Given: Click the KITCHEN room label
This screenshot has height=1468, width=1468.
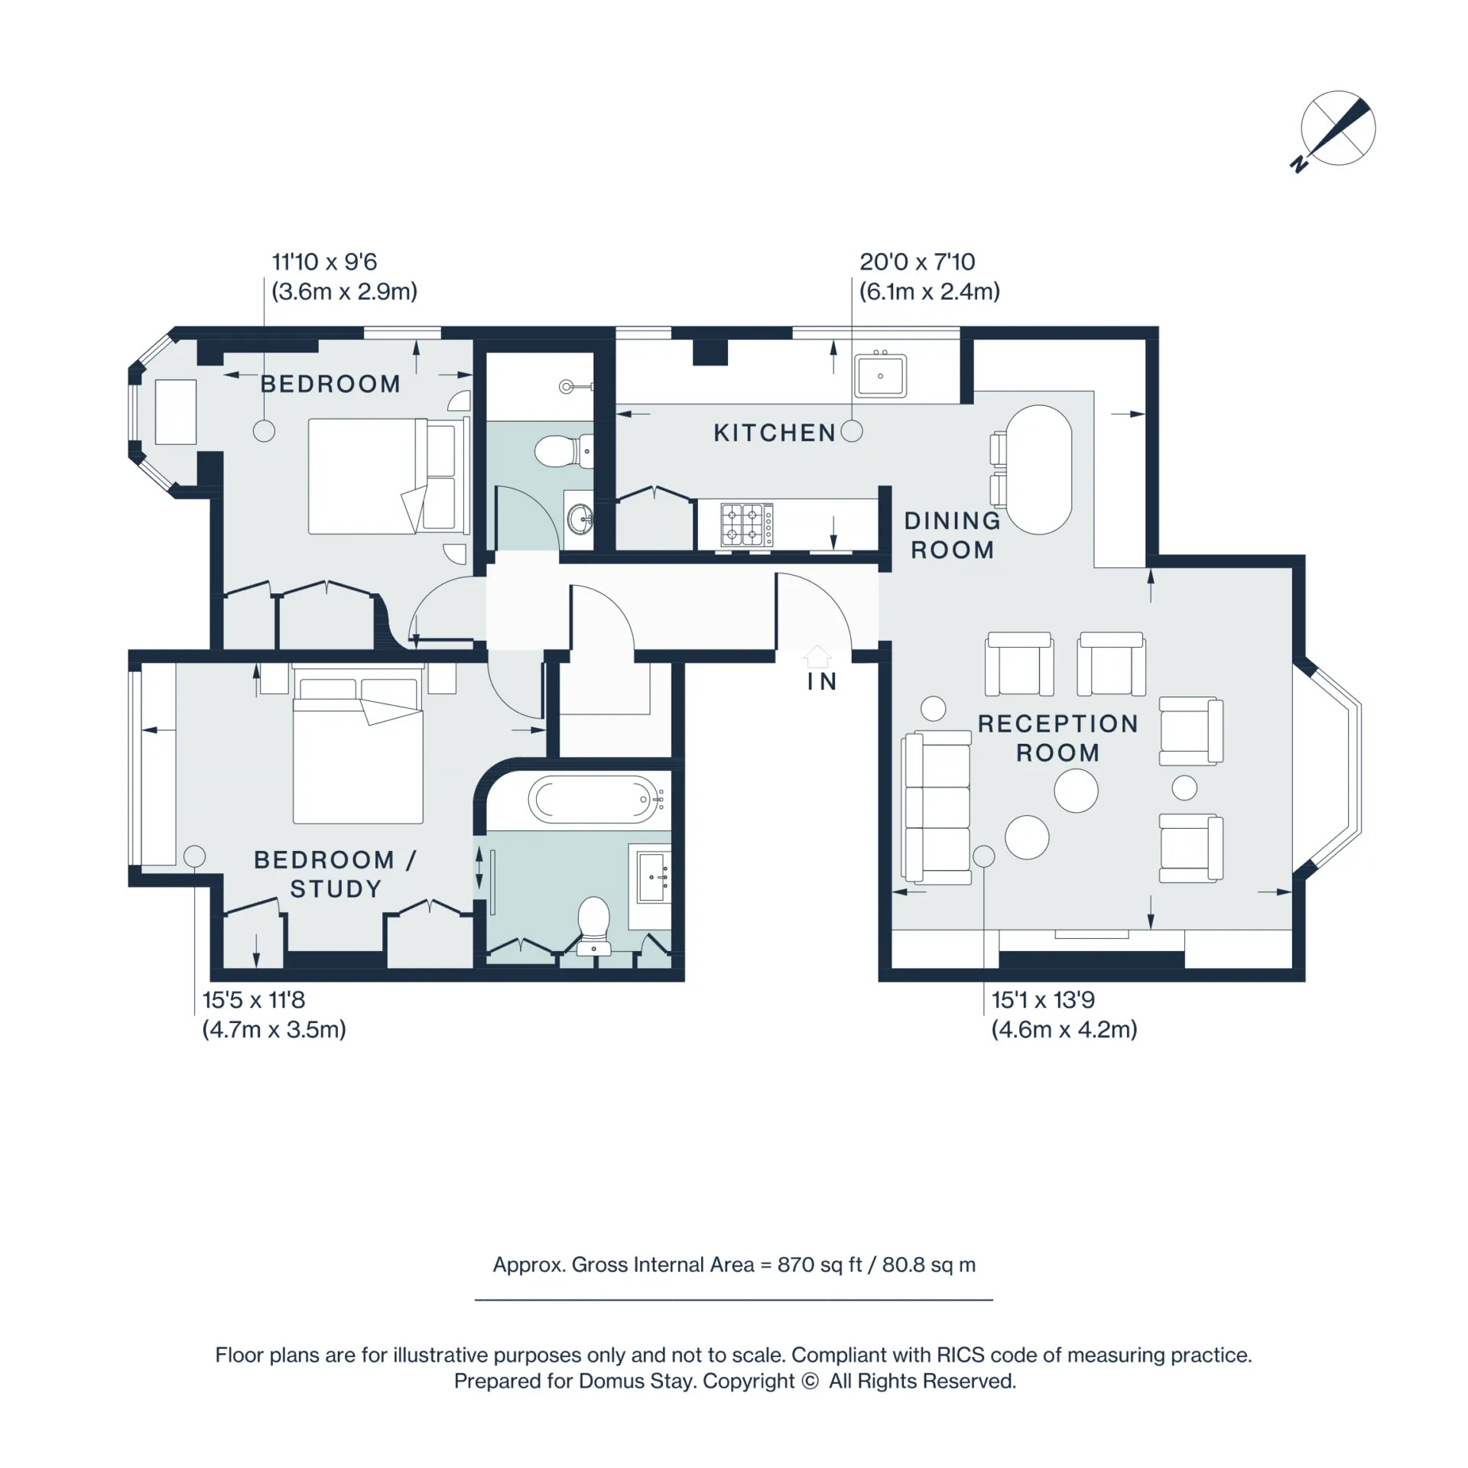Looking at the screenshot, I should (x=774, y=433).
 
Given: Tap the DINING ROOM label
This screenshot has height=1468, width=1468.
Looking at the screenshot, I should (x=952, y=535).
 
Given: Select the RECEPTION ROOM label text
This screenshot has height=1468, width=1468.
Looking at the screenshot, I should (x=1057, y=738).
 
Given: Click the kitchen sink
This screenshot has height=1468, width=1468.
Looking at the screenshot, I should (x=880, y=375).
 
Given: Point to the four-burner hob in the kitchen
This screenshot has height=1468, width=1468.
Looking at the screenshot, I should (x=747, y=525).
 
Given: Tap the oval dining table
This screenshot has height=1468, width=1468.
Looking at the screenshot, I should (x=1039, y=469).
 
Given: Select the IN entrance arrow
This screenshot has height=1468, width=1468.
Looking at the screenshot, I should (x=817, y=656).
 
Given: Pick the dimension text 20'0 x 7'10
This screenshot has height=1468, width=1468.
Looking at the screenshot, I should (x=917, y=262).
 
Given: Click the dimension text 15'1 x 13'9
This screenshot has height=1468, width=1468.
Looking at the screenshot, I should (x=1043, y=1000).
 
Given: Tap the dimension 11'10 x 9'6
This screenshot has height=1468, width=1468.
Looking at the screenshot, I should (x=324, y=262).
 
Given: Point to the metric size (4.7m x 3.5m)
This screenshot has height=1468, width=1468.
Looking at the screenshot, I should (x=274, y=1029).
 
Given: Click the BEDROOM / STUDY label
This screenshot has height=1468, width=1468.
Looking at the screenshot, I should (x=335, y=874).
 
